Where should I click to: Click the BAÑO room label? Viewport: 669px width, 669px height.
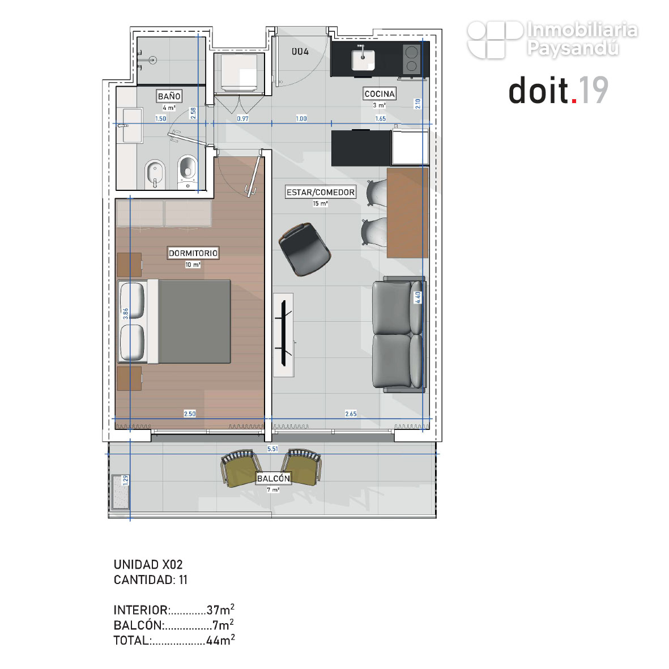point(169,96)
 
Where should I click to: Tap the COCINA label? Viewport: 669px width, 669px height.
point(380,93)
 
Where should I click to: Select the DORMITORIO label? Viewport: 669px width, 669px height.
point(193,253)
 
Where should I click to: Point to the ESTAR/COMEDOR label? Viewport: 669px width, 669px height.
point(321,193)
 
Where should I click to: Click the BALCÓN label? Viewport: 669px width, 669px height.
point(274,478)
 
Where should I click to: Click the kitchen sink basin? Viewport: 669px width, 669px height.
point(363,59)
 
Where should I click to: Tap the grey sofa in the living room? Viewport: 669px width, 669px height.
point(399,334)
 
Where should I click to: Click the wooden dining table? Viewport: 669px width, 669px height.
point(407,212)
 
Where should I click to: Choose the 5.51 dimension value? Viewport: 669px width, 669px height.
point(272,449)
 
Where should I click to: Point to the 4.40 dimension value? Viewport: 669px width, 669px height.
point(418,297)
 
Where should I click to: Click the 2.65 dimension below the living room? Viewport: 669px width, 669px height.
point(351,414)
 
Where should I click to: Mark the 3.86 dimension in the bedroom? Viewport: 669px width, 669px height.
point(125,314)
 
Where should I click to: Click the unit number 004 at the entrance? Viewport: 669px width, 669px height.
point(300,52)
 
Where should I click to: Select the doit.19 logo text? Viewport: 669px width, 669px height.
point(559,91)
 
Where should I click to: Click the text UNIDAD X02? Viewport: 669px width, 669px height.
point(148,564)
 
